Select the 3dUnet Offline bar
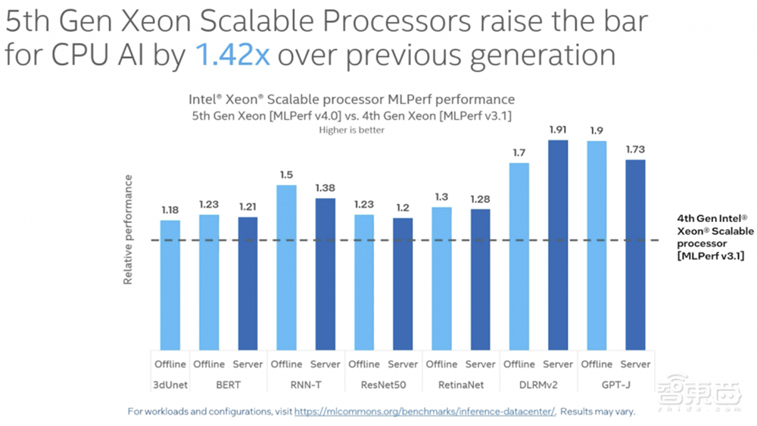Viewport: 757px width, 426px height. tap(170, 284)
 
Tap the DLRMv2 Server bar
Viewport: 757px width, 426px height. tap(558, 243)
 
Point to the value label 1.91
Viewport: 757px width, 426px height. tap(558, 130)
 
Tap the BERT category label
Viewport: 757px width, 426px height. tap(228, 385)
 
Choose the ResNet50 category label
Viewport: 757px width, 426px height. tap(383, 385)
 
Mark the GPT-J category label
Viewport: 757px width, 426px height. tap(616, 385)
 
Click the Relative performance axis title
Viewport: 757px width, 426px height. tap(129, 230)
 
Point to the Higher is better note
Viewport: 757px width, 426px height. tap(350, 130)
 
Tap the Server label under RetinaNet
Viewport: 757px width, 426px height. tap(480, 365)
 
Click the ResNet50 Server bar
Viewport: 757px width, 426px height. tap(403, 283)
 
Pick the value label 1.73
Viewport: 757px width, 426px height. tap(636, 150)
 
